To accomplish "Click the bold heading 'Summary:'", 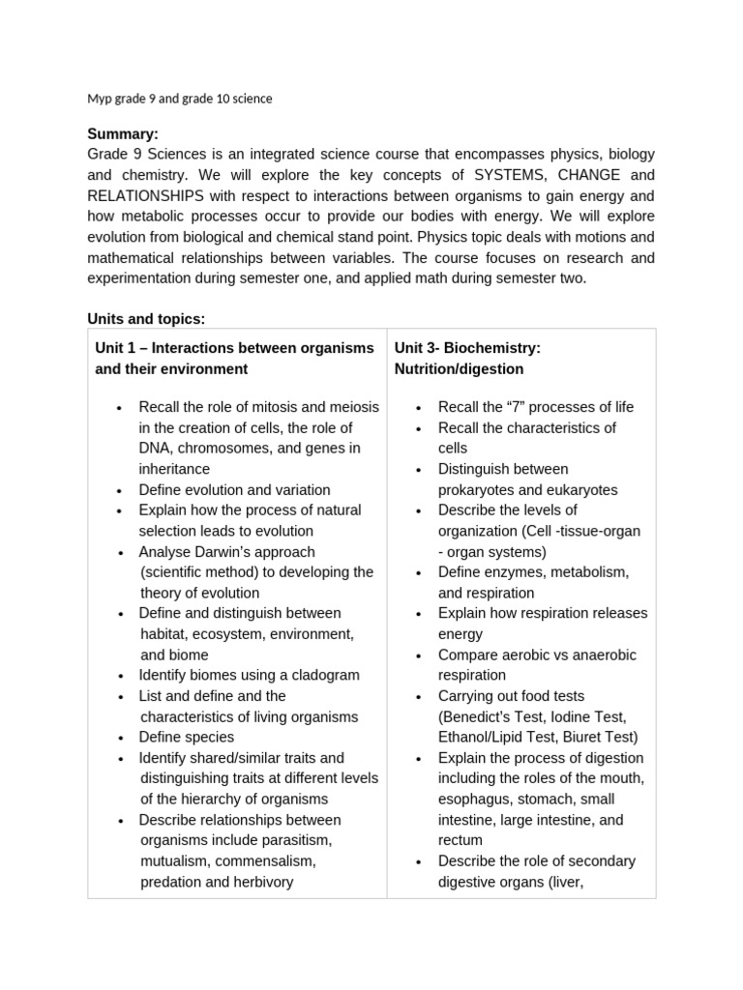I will tap(123, 133).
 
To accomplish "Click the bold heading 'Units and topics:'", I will tap(146, 318).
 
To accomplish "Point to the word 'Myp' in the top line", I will tap(101, 99).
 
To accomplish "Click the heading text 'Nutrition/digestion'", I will tap(459, 368).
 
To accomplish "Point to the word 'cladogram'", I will tap(317, 675).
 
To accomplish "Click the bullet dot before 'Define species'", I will tap(119, 738).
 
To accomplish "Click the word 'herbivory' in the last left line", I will tap(262, 881).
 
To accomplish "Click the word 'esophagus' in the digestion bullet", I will tap(471, 799).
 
